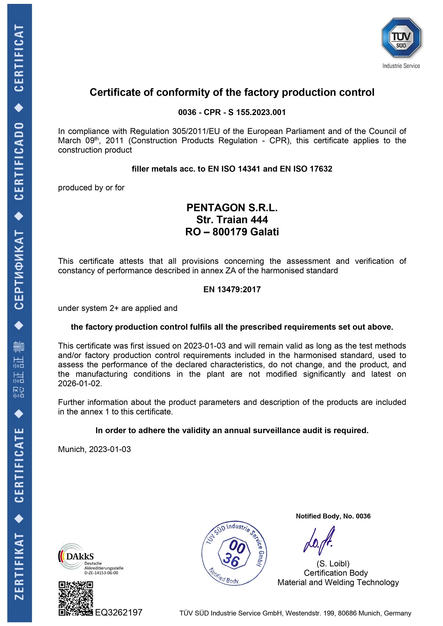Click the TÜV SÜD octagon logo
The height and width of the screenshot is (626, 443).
tap(401, 38)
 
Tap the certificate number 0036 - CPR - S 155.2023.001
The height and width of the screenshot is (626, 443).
tap(232, 112)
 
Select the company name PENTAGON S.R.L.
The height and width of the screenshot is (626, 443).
tap(232, 208)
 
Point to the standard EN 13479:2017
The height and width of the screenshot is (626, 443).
tap(232, 289)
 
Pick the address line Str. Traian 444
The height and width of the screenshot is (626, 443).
tap(232, 220)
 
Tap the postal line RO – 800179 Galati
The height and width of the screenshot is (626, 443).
tap(232, 232)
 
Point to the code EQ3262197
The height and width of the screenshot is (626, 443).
tap(119, 612)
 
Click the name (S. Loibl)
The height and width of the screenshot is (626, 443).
tap(333, 564)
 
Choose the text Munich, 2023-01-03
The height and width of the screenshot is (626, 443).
tap(94, 449)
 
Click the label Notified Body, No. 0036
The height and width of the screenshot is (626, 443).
tap(333, 516)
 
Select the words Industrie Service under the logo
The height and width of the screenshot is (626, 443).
tap(401, 66)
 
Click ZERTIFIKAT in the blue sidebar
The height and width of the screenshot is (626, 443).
tap(19, 566)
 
